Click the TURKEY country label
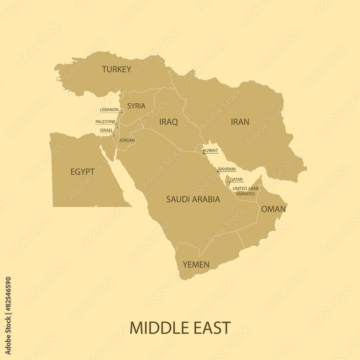click(x=116, y=69)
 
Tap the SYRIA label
click(x=136, y=106)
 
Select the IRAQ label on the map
click(x=168, y=122)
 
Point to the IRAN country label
click(x=240, y=122)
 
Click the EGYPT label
click(x=82, y=172)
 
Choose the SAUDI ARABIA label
click(x=193, y=199)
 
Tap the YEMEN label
click(x=196, y=265)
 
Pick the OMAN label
click(x=274, y=209)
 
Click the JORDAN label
click(x=127, y=140)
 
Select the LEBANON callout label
click(x=109, y=110)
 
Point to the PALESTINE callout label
click(x=105, y=122)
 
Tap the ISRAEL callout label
click(x=107, y=130)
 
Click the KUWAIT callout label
click(x=211, y=150)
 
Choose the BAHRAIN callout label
click(x=227, y=169)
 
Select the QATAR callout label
click(x=236, y=180)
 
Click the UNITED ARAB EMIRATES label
click(x=245, y=191)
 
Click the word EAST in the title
click(x=213, y=328)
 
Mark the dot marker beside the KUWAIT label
click(x=203, y=153)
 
